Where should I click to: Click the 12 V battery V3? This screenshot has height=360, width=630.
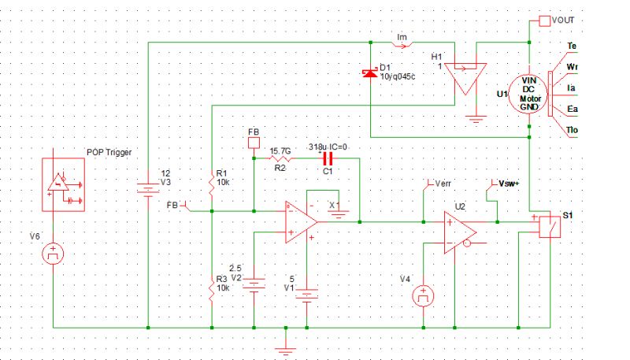pyautogui.click(x=148, y=187)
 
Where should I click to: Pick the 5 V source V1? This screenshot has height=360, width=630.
pyautogui.click(x=306, y=295)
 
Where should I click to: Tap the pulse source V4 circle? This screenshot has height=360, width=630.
pyautogui.click(x=423, y=297)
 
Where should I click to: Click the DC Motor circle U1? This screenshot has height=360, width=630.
pyautogui.click(x=522, y=92)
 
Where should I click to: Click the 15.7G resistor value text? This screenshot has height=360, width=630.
pyautogui.click(x=280, y=150)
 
